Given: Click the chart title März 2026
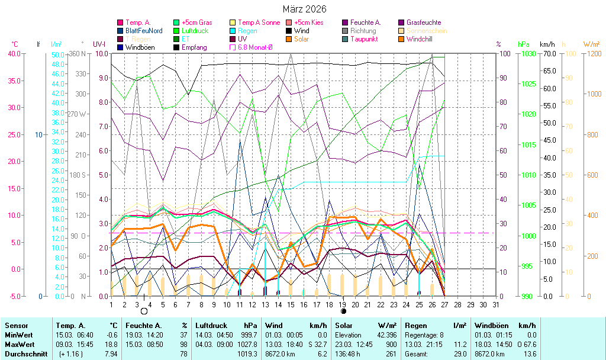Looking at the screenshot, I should point(303,9).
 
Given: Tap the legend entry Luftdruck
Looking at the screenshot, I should point(194,31).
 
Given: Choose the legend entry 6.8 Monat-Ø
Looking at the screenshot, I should point(254,47).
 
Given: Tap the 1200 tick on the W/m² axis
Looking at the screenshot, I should point(592,54).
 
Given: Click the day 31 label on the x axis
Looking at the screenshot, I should point(495,304).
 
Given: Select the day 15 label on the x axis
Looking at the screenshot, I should point(291,304).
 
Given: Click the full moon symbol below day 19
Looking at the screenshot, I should point(343,310).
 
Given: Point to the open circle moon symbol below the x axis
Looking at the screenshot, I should point(144,310).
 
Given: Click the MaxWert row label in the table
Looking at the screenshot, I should point(19,343).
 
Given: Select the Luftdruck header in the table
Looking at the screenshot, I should point(212,325).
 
